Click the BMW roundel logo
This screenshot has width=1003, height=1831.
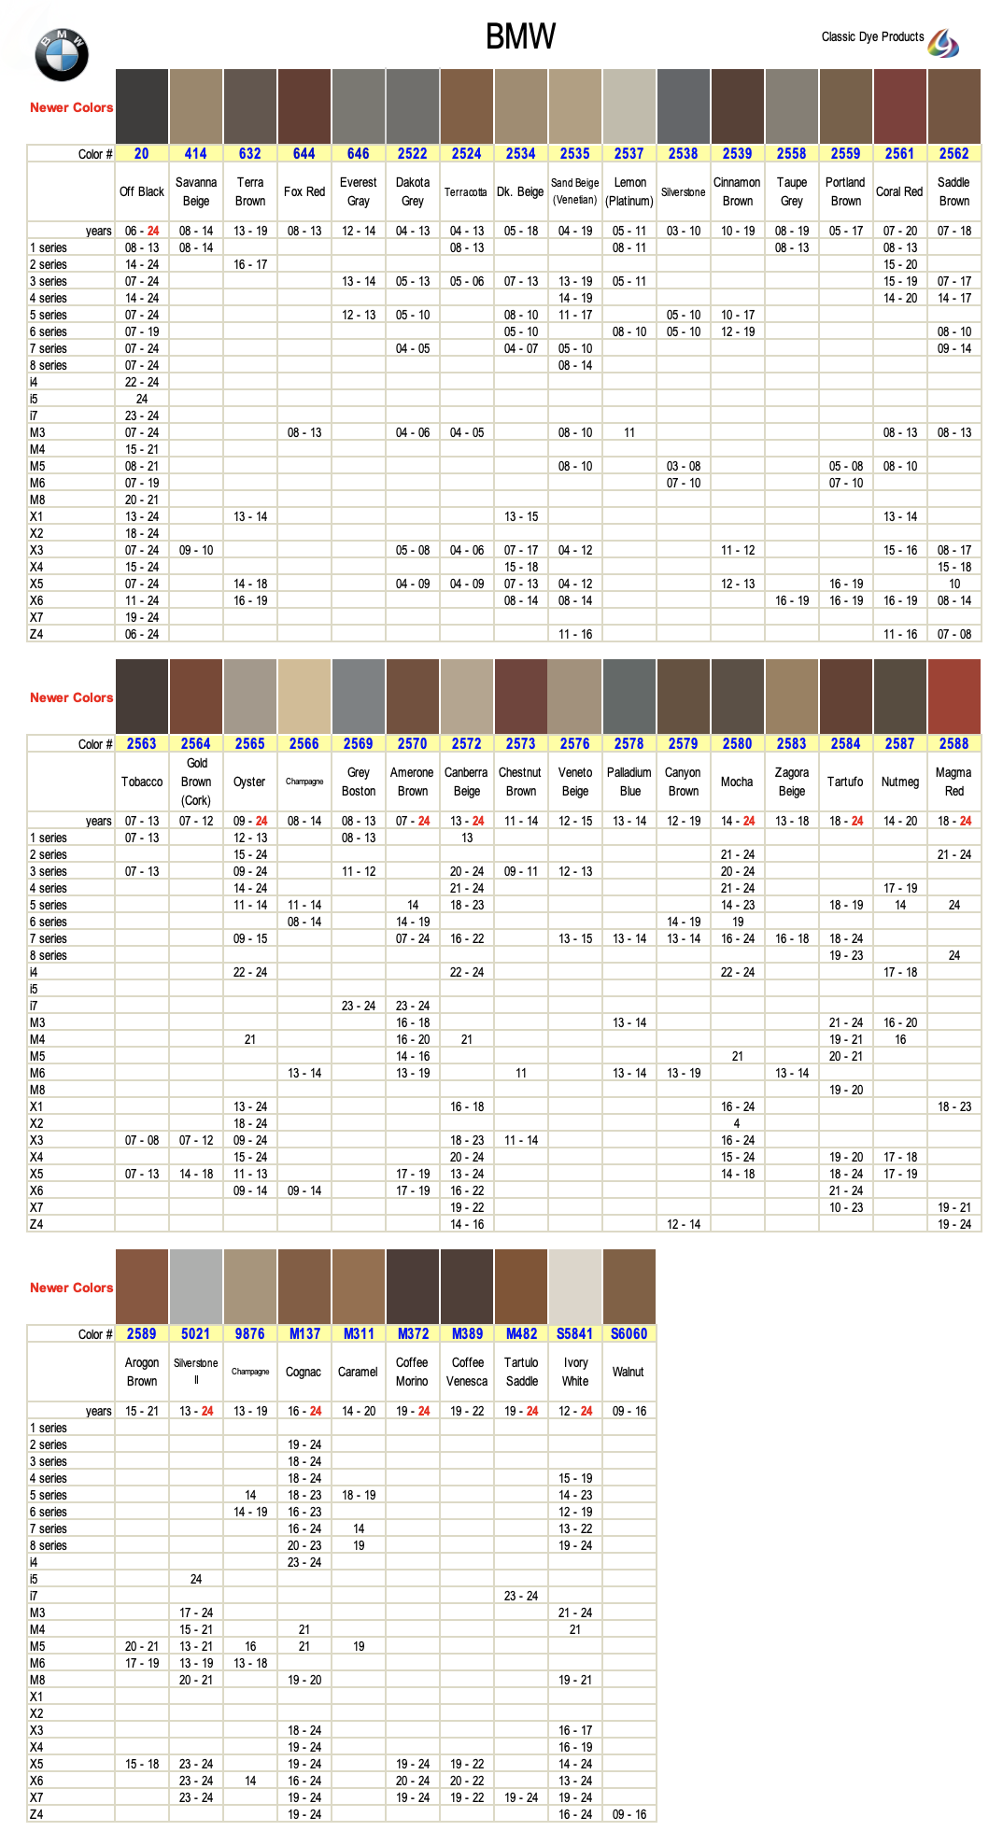pyautogui.click(x=62, y=55)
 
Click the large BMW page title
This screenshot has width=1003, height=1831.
pyautogui.click(x=520, y=37)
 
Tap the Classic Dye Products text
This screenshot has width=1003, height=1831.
pyautogui.click(x=872, y=37)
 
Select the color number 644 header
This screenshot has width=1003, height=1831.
pyautogui.click(x=304, y=154)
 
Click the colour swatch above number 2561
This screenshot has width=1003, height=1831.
pyautogui.click(x=900, y=106)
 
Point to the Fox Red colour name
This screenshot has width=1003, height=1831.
pyautogui.click(x=304, y=192)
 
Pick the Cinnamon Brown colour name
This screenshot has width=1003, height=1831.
pyautogui.click(x=738, y=192)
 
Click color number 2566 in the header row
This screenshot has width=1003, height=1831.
pyautogui.click(x=304, y=744)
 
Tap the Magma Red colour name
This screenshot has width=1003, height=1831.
pyautogui.click(x=954, y=782)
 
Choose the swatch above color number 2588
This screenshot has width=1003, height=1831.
pyautogui.click(x=954, y=697)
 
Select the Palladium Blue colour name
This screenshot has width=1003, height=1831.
pyautogui.click(x=629, y=782)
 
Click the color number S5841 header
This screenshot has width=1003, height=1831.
pyautogui.click(x=575, y=1334)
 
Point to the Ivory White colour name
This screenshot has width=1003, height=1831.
pyautogui.click(x=575, y=1373)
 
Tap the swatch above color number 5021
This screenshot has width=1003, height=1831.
pyautogui.click(x=196, y=1287)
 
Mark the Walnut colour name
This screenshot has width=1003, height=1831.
pyautogui.click(x=629, y=1373)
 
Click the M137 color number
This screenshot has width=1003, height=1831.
pyautogui.click(x=304, y=1334)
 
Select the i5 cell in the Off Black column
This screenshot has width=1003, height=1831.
pyautogui.click(x=142, y=400)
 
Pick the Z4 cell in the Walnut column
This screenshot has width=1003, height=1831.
pyautogui.click(x=629, y=1815)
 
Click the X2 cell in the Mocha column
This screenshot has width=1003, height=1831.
pyautogui.click(x=737, y=1124)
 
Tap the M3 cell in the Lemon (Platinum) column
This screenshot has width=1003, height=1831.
pyautogui.click(x=629, y=433)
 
